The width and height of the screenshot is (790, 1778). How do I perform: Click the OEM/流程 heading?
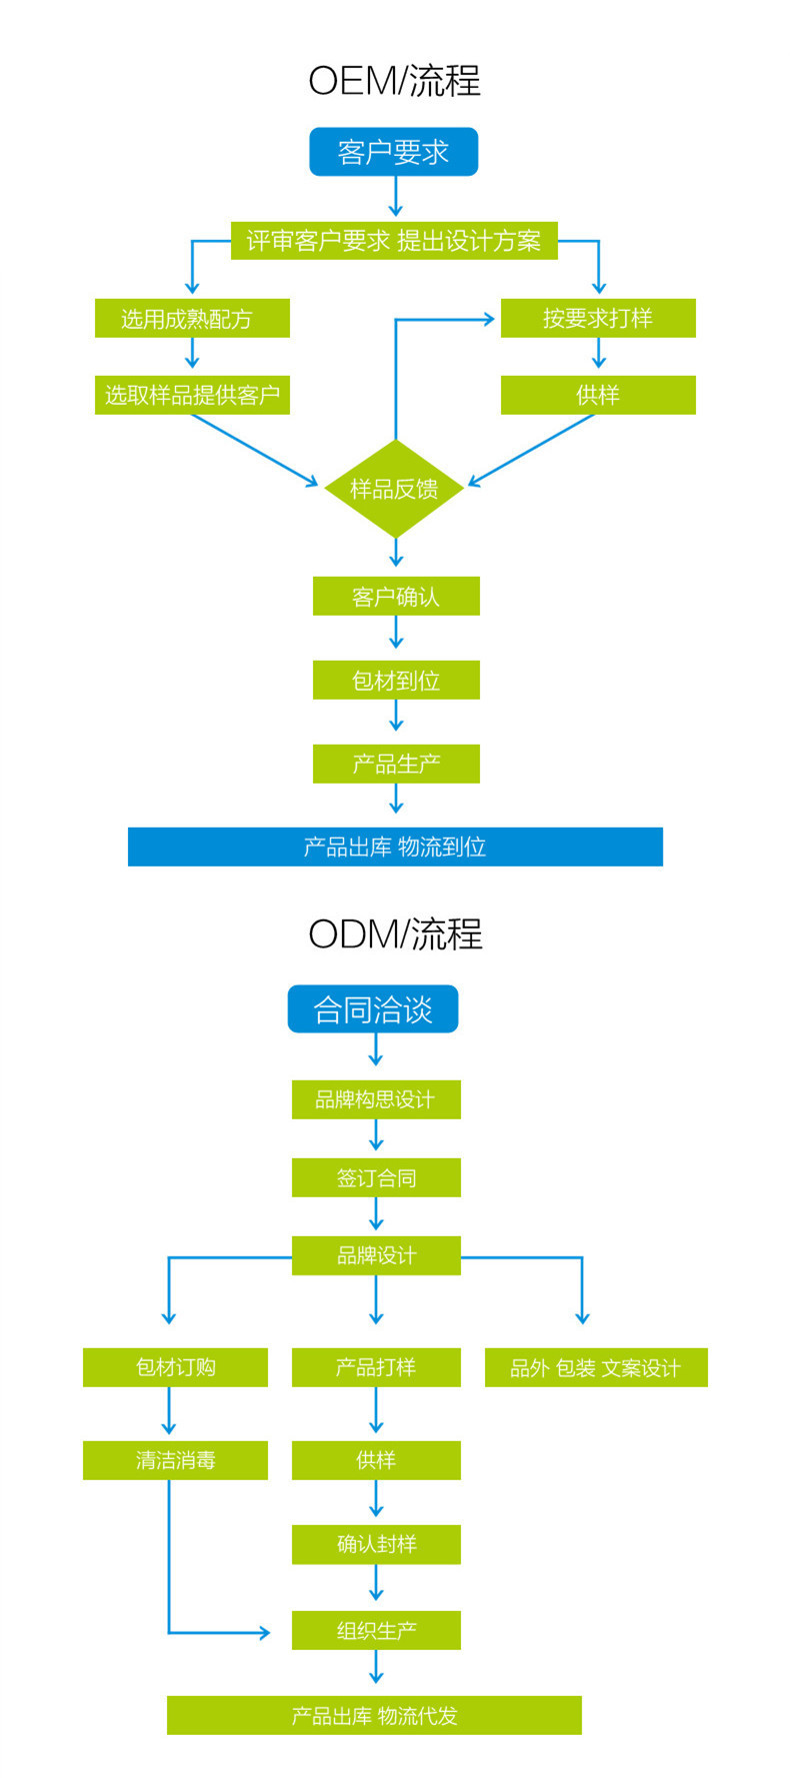click(394, 81)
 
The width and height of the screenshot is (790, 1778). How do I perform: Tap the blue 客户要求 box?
click(394, 152)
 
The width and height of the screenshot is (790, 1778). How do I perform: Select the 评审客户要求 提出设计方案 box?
click(394, 241)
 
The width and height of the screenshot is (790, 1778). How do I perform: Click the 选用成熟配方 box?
click(192, 319)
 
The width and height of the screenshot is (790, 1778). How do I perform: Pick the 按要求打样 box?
click(598, 318)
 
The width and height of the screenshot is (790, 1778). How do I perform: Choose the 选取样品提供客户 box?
click(192, 395)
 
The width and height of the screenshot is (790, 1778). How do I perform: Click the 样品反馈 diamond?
click(394, 489)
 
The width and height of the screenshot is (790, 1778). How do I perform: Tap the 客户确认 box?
click(396, 597)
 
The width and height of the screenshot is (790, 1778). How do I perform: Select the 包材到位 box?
click(396, 681)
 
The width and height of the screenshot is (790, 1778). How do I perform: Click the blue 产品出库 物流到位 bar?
click(395, 847)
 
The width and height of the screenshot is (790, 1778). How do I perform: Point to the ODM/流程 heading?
click(395, 934)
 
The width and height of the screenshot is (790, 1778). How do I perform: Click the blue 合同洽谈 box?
click(373, 1009)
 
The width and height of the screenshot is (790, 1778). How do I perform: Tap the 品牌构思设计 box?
click(376, 1099)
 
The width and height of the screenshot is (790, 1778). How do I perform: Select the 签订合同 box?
click(376, 1177)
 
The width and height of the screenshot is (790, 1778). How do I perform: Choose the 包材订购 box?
click(175, 1367)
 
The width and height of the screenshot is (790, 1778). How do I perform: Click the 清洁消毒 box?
click(175, 1460)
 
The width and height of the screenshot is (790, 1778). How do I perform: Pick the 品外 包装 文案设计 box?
click(596, 1367)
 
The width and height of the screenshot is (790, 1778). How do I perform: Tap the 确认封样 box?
click(376, 1544)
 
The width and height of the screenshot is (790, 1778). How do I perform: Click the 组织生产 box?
click(376, 1630)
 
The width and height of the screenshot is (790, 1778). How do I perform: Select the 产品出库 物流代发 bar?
click(374, 1715)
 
